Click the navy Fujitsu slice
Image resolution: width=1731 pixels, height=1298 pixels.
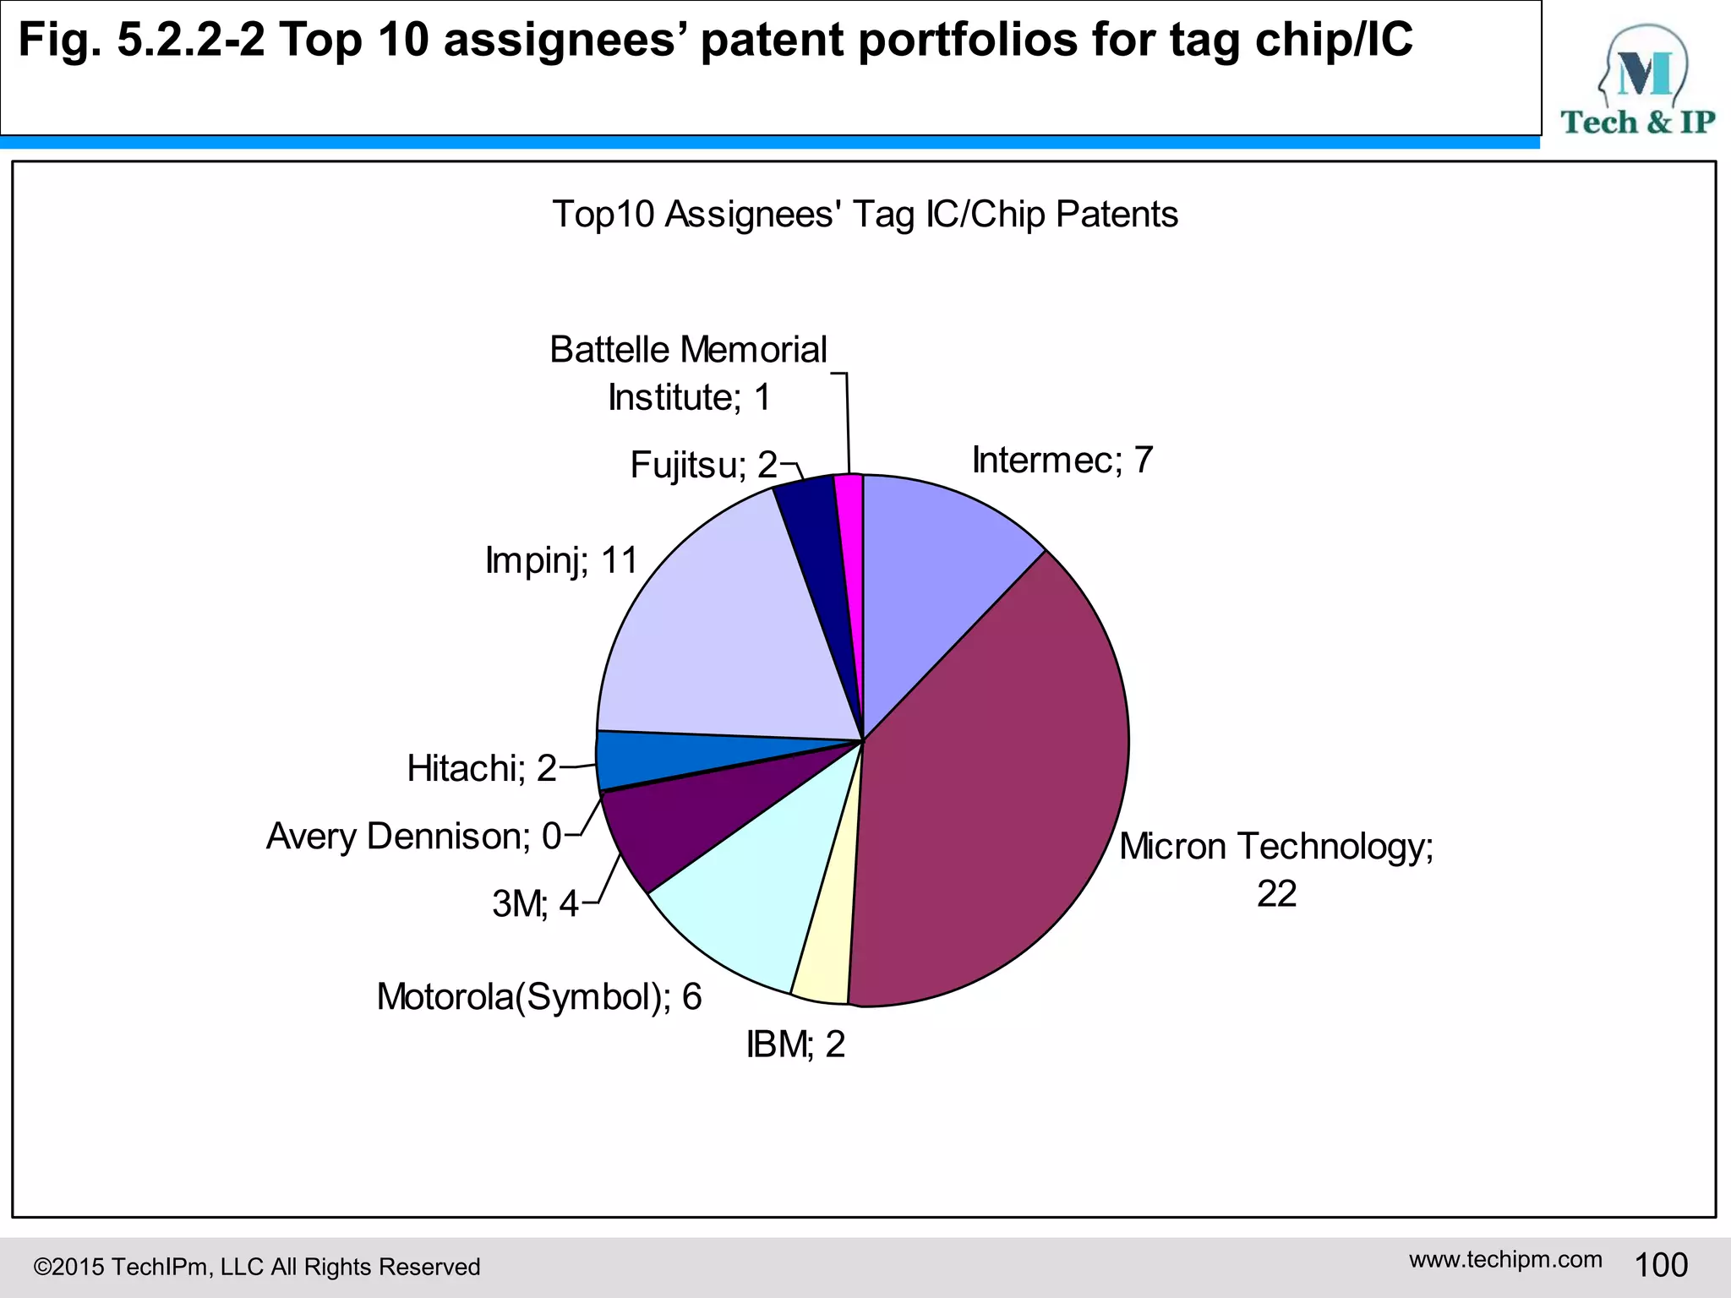tap(811, 524)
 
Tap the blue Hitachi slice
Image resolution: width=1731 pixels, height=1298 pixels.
tap(642, 759)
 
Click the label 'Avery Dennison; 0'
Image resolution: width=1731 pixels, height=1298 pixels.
tap(413, 837)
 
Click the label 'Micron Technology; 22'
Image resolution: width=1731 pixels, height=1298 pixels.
tap(1276, 869)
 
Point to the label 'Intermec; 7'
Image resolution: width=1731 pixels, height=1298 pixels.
tap(1062, 461)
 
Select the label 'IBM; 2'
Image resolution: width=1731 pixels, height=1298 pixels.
tap(795, 1045)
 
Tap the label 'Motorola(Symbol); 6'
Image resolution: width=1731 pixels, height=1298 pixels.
tap(539, 997)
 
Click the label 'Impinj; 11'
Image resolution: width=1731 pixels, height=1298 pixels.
tap(561, 560)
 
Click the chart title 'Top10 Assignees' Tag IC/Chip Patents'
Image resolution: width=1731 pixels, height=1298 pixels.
tap(865, 215)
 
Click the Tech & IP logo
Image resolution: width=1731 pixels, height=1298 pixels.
tap(1637, 80)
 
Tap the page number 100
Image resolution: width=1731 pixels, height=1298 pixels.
tap(1661, 1265)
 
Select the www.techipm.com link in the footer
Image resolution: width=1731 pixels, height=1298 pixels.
tap(1505, 1259)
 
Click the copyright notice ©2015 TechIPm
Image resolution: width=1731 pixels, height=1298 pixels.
tap(256, 1267)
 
